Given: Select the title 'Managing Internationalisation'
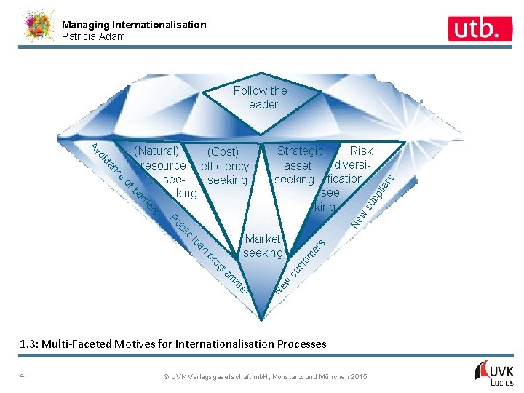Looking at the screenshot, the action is coord(134,25).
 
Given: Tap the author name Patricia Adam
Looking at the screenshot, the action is coord(93,36).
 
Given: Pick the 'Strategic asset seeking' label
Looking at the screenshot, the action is coord(298,165).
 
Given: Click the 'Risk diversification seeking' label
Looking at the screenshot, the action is coord(348,179).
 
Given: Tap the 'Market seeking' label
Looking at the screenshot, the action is coord(263,246).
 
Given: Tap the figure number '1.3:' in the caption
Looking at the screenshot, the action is coord(30,344).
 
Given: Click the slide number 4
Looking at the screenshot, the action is coord(23,376).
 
